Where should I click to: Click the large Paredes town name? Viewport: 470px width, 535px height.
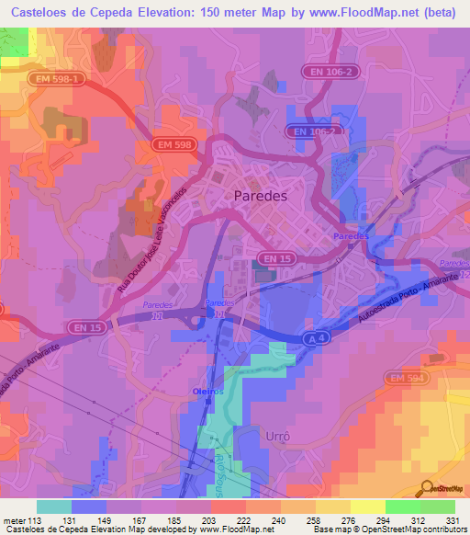tap(261, 196)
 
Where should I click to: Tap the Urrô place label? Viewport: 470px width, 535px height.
tap(276, 433)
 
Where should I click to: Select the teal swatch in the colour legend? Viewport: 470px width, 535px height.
tap(54, 507)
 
